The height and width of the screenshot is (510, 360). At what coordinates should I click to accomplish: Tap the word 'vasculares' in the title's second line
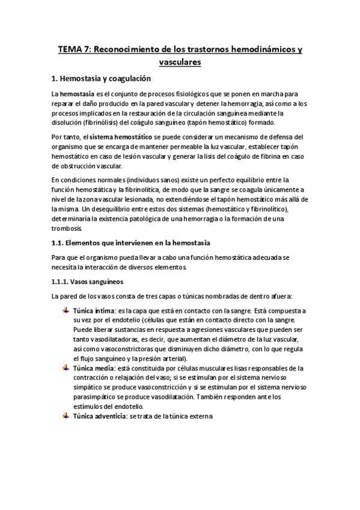click(180, 62)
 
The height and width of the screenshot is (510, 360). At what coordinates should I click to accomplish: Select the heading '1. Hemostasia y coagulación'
click(101, 79)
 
